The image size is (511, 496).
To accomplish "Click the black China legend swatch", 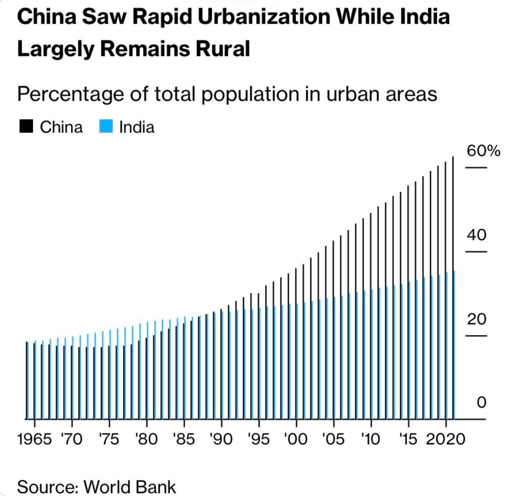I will (26, 127).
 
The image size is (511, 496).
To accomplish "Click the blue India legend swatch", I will (106, 127).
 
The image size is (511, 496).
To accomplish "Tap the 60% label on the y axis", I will (483, 151).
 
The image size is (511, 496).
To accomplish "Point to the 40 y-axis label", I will (477, 235).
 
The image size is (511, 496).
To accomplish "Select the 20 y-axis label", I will (477, 319).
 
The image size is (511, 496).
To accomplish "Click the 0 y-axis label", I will (482, 403).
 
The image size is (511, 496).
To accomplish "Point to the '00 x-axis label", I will (296, 439).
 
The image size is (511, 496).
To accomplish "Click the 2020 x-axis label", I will (445, 439).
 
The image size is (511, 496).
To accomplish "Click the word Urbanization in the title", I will (247, 18).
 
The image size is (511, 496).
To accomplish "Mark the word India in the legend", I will (137, 127).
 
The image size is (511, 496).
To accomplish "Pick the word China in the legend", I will (61, 127).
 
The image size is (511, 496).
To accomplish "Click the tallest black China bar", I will (453, 284).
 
